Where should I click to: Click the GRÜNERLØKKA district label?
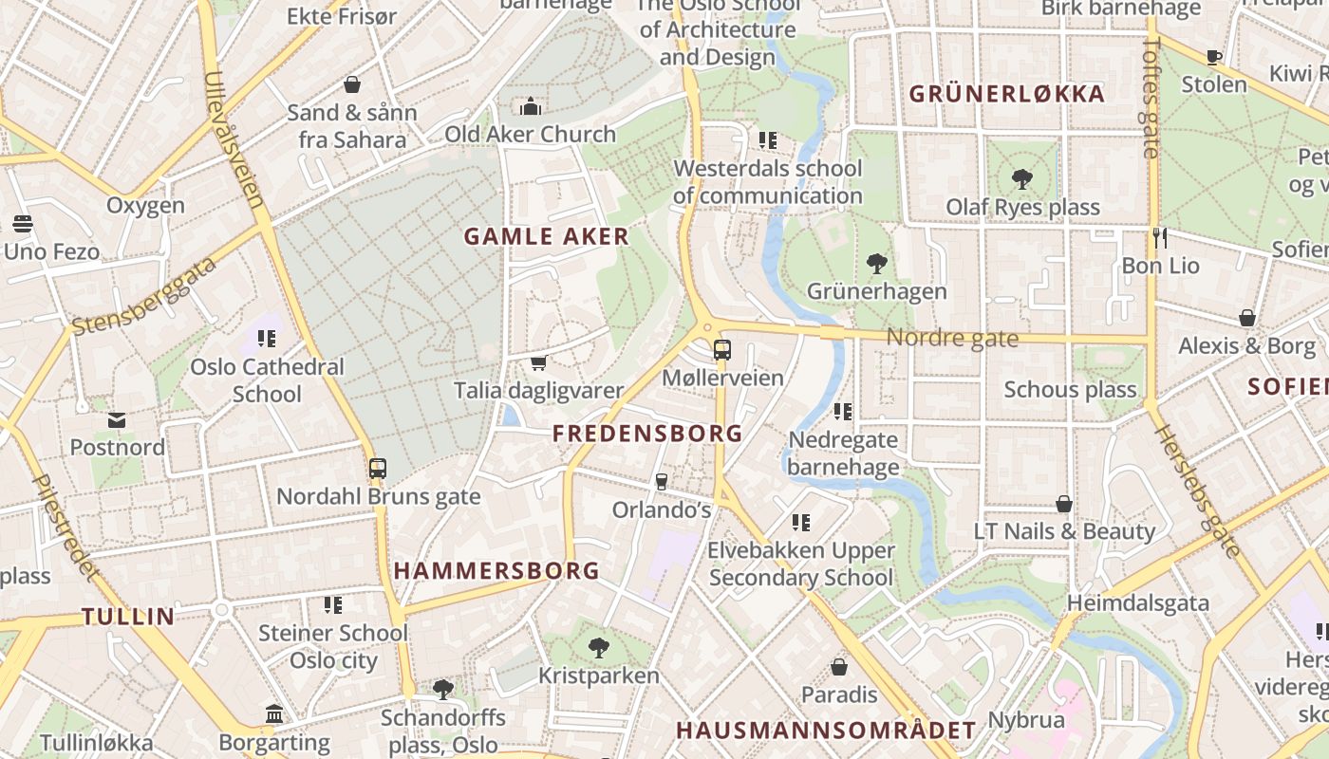pyautogui.click(x=1007, y=94)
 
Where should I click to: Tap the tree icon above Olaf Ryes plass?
pyautogui.click(x=1022, y=178)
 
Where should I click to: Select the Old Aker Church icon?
pyautogui.click(x=531, y=106)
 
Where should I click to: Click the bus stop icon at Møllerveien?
pyautogui.click(x=722, y=349)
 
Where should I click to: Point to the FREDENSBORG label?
pyautogui.click(x=647, y=434)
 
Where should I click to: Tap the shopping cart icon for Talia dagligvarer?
pyautogui.click(x=538, y=362)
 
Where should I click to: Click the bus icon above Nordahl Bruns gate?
pyautogui.click(x=378, y=468)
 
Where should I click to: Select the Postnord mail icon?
pyautogui.click(x=117, y=419)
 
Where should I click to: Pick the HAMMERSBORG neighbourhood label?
pyautogui.click(x=496, y=570)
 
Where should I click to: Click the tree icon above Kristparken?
pyautogui.click(x=598, y=648)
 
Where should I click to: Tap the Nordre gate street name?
pyautogui.click(x=952, y=338)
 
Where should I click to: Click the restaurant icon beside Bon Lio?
pyautogui.click(x=1159, y=237)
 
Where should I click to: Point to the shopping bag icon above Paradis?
pyautogui.click(x=839, y=667)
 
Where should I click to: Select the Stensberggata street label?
pyautogui.click(x=144, y=295)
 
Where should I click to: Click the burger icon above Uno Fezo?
pyautogui.click(x=23, y=224)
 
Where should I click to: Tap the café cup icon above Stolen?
pyautogui.click(x=1213, y=57)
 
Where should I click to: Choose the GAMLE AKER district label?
pyautogui.click(x=546, y=236)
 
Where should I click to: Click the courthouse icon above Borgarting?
pyautogui.click(x=274, y=713)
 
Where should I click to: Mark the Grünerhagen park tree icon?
pyautogui.click(x=877, y=263)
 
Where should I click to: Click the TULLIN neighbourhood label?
pyautogui.click(x=128, y=617)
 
